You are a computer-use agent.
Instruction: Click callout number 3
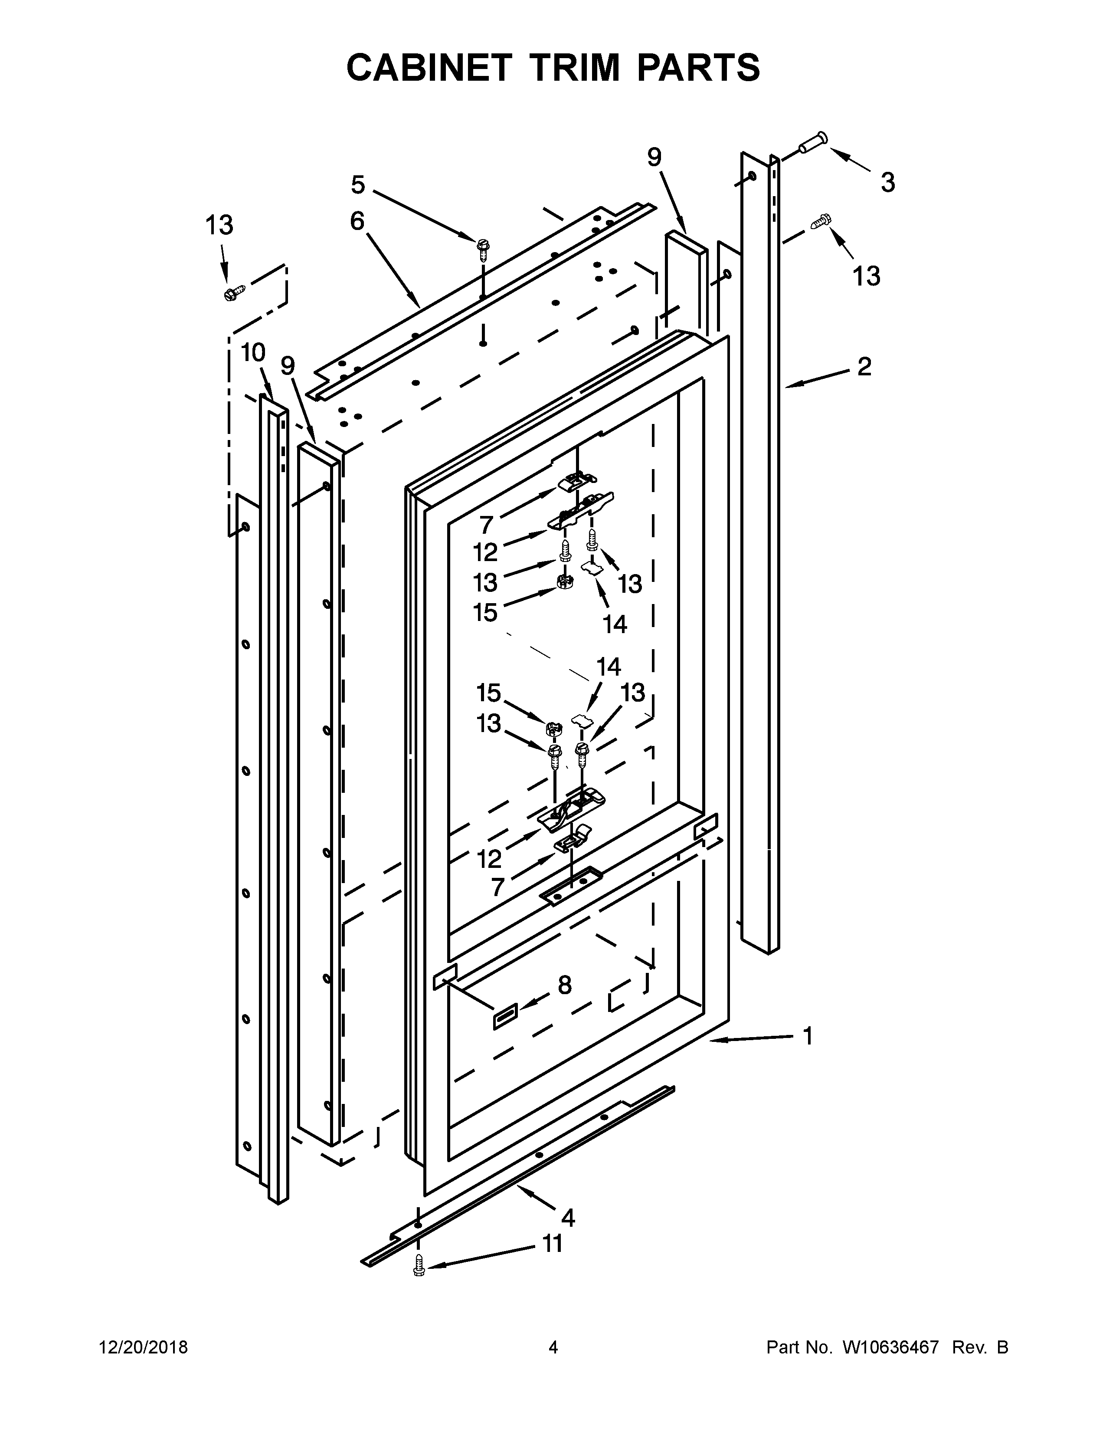[x=887, y=183]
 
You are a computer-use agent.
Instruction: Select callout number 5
[x=358, y=186]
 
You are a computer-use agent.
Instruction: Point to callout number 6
[x=357, y=222]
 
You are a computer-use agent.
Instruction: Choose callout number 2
[x=864, y=367]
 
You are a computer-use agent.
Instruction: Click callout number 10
[x=253, y=353]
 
